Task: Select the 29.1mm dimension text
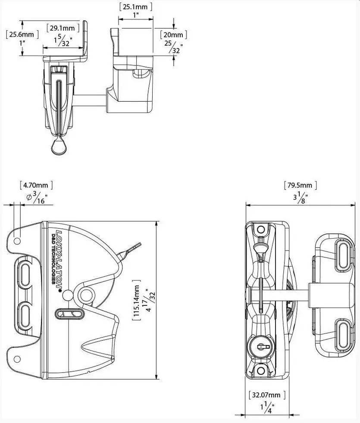62,28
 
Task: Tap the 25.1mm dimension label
135,6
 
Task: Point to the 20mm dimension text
173,35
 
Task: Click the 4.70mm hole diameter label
36,185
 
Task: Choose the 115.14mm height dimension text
136,300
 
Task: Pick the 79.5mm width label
300,185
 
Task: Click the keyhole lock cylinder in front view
260,345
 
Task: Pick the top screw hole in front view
260,229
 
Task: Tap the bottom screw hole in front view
260,370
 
